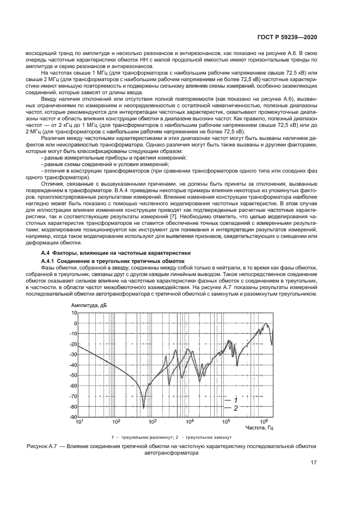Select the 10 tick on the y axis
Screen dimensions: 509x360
(x=75, y=313)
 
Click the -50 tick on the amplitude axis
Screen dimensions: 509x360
(x=73, y=375)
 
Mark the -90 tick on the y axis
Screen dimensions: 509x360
(x=73, y=417)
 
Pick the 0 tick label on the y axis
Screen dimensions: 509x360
(x=76, y=323)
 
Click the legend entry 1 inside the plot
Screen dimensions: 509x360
(x=235, y=400)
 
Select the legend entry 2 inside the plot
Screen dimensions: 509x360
(x=235, y=407)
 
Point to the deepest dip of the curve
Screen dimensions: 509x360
(x=143, y=407)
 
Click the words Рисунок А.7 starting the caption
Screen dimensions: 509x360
(x=45, y=446)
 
